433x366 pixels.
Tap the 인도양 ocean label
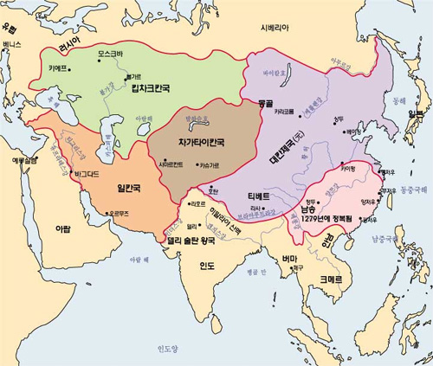[x=165, y=348]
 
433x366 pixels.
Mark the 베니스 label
[x=11, y=42]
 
